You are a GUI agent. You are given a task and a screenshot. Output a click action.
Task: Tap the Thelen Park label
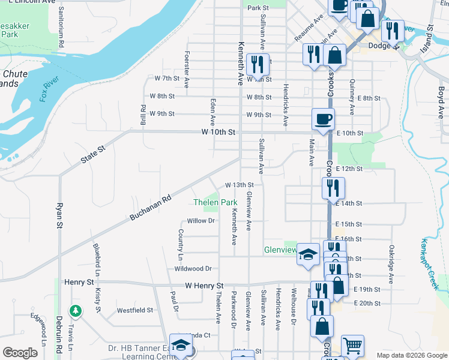(x=215, y=203)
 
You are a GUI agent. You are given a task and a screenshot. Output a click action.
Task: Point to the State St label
(x=93, y=153)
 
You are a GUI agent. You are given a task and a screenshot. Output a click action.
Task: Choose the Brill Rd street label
(x=143, y=115)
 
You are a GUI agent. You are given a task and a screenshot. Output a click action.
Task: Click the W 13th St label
(x=240, y=185)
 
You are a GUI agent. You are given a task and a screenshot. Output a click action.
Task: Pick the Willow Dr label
(x=200, y=221)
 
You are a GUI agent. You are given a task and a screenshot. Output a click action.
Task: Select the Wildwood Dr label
(x=193, y=269)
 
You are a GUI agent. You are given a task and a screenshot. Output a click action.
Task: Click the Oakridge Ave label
(x=391, y=264)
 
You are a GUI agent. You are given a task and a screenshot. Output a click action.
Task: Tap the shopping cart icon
(x=352, y=346)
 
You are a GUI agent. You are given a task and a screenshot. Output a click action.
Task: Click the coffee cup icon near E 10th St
(x=323, y=118)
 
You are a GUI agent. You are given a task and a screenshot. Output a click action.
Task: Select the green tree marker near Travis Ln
(x=75, y=311)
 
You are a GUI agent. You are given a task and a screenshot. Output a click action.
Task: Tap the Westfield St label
(x=134, y=310)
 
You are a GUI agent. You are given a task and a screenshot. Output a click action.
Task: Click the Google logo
(x=20, y=353)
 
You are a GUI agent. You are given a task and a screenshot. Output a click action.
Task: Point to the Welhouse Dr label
(x=294, y=313)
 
